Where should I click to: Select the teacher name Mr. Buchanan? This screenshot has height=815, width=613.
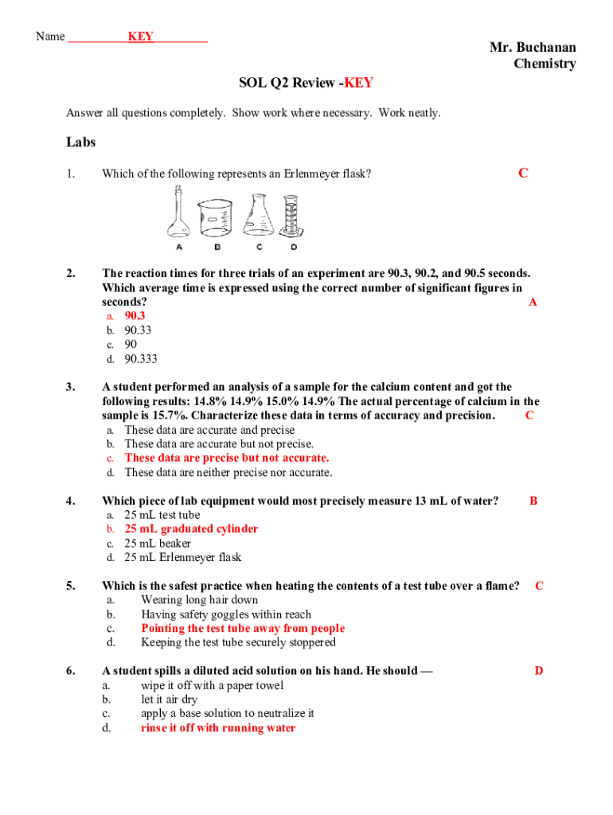[533, 48]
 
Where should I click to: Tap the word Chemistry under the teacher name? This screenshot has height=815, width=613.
[545, 64]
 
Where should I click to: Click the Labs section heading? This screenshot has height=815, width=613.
[80, 142]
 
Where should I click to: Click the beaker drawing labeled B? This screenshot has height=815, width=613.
[214, 217]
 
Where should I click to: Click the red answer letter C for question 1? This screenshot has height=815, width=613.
[523, 174]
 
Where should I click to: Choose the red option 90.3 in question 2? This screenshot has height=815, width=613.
[135, 316]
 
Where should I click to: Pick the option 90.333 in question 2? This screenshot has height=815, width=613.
[141, 359]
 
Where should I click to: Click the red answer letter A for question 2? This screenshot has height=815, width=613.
[533, 302]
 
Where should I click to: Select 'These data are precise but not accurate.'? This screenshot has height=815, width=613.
[226, 458]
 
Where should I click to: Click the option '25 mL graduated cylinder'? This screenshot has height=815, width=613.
[191, 529]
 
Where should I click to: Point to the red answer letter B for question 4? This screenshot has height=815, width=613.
[533, 501]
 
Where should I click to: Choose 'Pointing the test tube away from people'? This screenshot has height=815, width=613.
[243, 629]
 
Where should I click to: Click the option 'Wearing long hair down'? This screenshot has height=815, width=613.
[199, 600]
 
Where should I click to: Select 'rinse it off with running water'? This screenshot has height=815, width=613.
[218, 728]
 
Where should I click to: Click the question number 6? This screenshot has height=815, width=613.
[71, 671]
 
